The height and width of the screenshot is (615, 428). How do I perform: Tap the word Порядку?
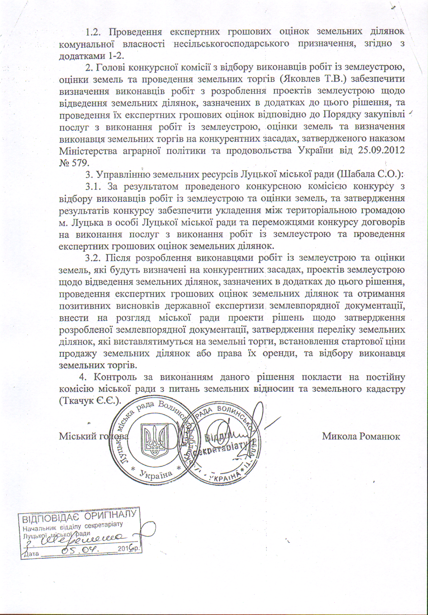[342, 115]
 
